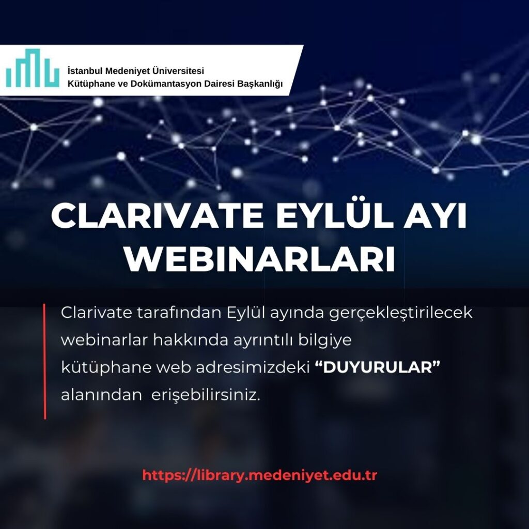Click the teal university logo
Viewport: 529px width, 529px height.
pos(33,68)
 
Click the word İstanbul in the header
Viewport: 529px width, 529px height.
pos(85,71)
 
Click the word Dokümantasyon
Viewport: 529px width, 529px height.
pos(166,83)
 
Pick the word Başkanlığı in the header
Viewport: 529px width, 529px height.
pos(260,84)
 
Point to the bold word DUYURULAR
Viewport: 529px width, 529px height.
pos(378,367)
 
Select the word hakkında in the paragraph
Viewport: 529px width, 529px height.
pos(191,340)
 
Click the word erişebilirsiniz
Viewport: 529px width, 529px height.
pos(206,395)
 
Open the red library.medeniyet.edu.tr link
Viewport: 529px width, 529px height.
pos(259,475)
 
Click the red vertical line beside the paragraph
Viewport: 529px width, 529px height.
pos(44,361)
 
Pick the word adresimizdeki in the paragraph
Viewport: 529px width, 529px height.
pos(253,367)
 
